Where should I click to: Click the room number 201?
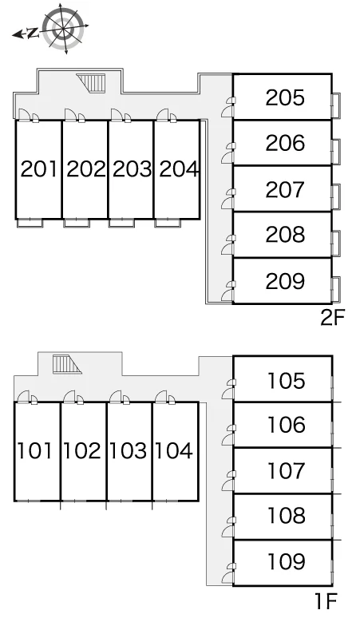(38, 169)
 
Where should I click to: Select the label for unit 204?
(179, 169)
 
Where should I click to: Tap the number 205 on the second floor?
(285, 97)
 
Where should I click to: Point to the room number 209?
(285, 281)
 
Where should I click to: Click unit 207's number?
(285, 189)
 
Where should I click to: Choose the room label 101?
(34, 451)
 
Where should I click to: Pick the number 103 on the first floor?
(128, 451)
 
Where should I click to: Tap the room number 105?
(287, 381)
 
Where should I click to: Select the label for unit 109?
(287, 561)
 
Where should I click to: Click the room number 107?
(287, 470)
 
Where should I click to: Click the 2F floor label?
(333, 318)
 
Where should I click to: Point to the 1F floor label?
(326, 601)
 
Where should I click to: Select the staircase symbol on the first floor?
(67, 364)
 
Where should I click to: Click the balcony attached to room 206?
(336, 152)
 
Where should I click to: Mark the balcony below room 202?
(77, 223)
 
